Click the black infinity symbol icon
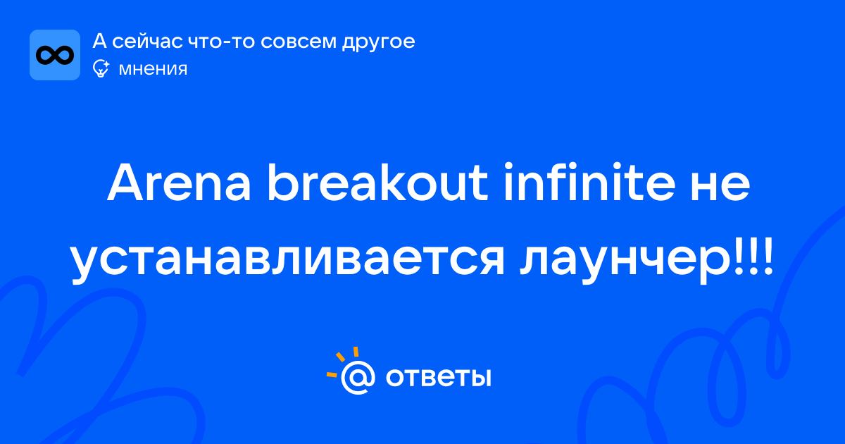pos(55,55)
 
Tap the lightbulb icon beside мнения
pos(101,68)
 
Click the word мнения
pos(153,69)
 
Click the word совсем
pos(299,41)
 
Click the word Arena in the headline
pos(179,183)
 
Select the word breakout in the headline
pos(377,183)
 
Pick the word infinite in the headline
pos(589,182)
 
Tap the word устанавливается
pos(287,261)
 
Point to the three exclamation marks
pos(753,255)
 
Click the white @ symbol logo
pos(358,377)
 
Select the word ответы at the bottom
pos(438,377)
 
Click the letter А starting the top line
pos(99,41)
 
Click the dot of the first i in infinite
pos(509,166)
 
